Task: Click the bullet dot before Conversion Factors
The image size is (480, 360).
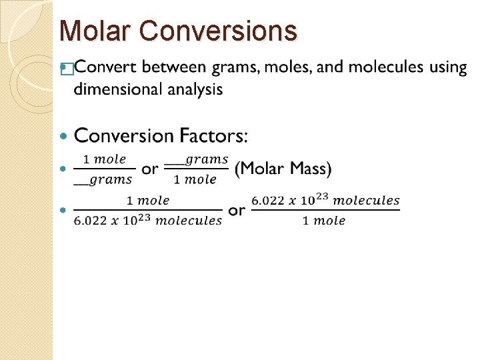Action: coord(64,136)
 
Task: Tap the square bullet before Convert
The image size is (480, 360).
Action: coord(65,68)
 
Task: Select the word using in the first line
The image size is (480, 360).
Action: coord(448,67)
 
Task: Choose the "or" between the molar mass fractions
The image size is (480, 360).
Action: coord(150,169)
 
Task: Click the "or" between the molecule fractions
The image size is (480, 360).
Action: coord(237,210)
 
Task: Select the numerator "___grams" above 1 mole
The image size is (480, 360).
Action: coord(197,159)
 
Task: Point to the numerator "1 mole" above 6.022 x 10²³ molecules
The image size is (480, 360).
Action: coord(148,200)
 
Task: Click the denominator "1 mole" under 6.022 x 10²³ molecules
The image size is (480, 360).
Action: coord(324,220)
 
